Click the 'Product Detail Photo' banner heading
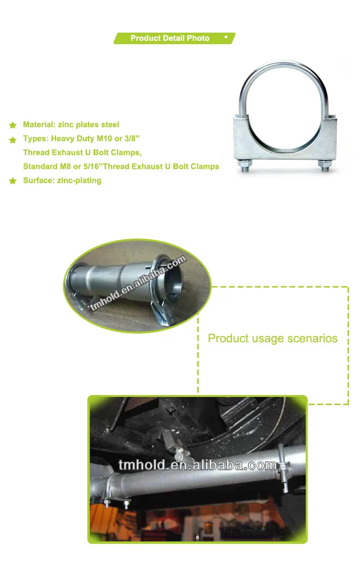[x=170, y=38]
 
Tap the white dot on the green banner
[x=226, y=37]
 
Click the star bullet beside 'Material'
[x=12, y=125]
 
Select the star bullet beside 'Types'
[x=12, y=140]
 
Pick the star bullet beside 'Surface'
[x=12, y=181]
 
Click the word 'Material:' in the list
[x=39, y=125]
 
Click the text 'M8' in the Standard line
[x=65, y=167]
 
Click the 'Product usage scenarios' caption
[x=273, y=338]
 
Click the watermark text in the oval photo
[x=138, y=283]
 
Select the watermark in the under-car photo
[x=197, y=465]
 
